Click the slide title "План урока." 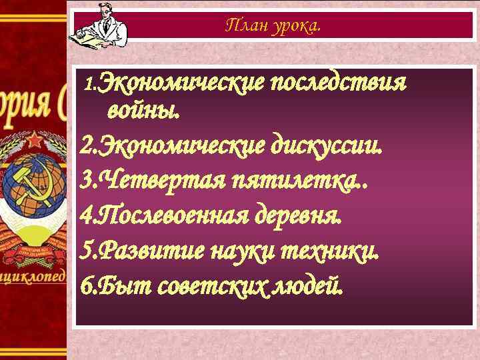pos(273,27)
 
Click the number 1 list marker pos(91,87)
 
